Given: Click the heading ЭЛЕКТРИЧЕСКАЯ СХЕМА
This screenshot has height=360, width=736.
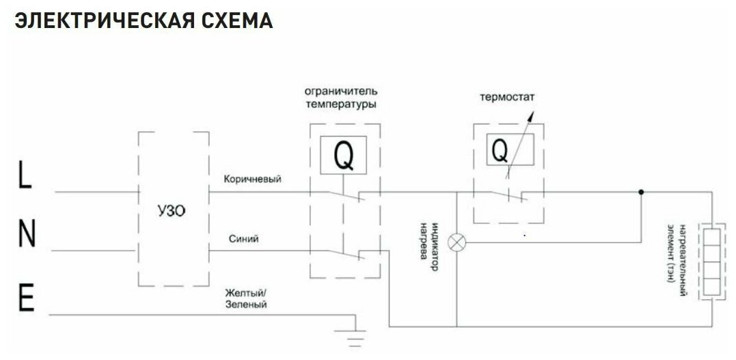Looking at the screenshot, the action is (x=144, y=20).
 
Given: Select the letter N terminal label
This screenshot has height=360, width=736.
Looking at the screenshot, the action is (x=26, y=236).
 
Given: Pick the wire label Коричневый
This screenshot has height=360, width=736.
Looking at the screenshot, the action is (x=252, y=179).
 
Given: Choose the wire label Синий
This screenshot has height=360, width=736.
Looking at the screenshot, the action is (x=244, y=238).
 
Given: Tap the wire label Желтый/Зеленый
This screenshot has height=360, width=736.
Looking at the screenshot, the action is (x=246, y=299).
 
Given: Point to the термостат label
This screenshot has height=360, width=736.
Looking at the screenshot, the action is (x=506, y=97).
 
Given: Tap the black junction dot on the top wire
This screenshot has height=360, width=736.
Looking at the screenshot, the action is (x=641, y=192).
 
